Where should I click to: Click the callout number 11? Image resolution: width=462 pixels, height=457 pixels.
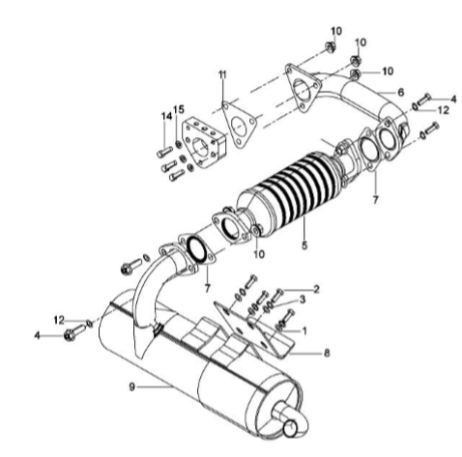(x=222, y=74)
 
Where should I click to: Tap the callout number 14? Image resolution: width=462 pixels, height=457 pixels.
(x=166, y=116)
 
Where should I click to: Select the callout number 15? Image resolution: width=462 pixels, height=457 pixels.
(x=179, y=109)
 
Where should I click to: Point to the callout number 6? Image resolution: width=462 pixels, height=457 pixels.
(x=400, y=93)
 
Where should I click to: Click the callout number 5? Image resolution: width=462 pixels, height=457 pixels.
(x=304, y=245)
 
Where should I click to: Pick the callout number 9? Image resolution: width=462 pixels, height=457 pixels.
(x=131, y=386)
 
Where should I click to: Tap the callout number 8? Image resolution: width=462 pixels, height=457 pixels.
(x=327, y=353)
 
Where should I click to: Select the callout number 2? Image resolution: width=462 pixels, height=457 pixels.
(x=316, y=289)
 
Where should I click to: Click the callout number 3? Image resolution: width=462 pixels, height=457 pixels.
(x=303, y=300)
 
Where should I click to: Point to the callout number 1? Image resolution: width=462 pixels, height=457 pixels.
(x=304, y=330)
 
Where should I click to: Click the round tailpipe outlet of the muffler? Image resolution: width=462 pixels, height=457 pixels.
(x=291, y=429)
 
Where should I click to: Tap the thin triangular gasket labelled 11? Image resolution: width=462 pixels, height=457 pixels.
(x=239, y=125)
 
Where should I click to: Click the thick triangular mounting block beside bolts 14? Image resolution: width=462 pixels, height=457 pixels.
(x=204, y=143)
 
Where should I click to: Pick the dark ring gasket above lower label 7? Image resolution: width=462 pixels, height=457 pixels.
(x=197, y=248)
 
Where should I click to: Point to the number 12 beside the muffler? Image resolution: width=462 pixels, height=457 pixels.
(x=59, y=320)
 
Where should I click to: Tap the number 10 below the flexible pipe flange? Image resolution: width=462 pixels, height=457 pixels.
(x=259, y=254)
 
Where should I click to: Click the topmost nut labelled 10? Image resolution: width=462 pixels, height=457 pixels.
(x=330, y=47)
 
